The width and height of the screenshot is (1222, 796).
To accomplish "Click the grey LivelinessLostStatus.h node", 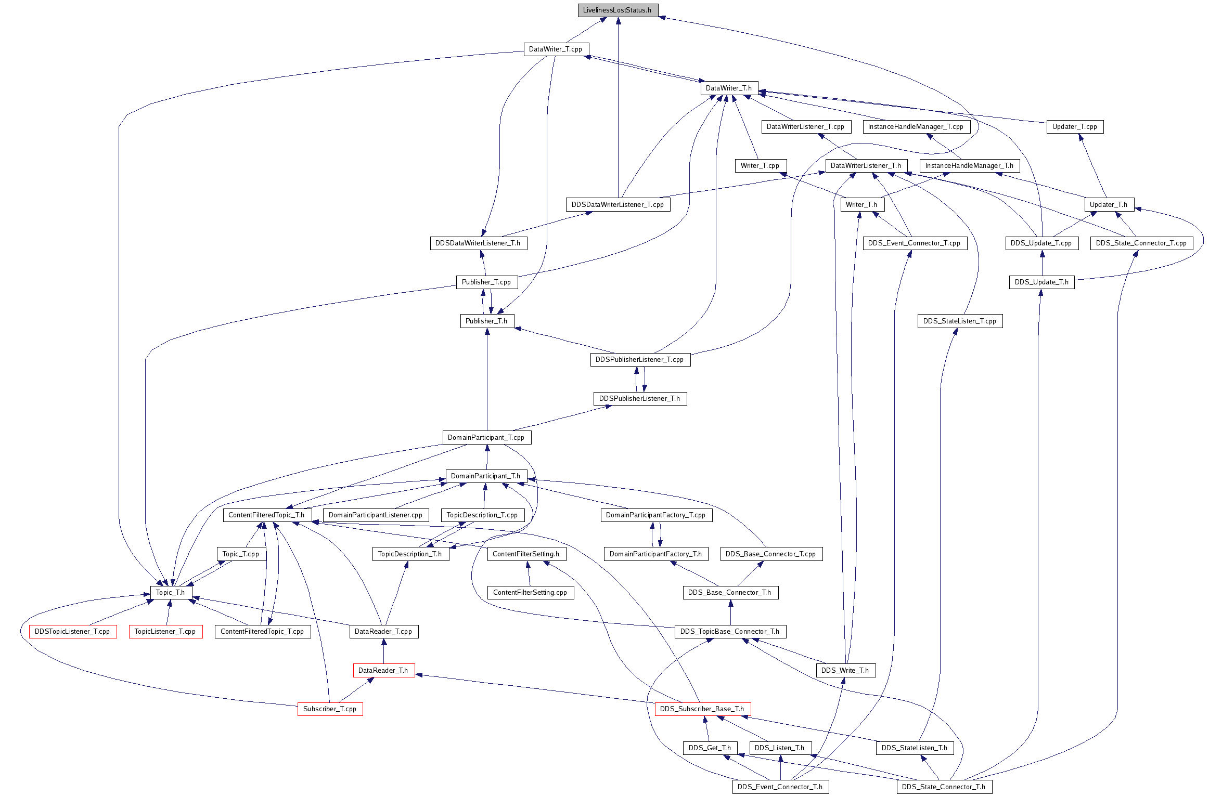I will point(618,10).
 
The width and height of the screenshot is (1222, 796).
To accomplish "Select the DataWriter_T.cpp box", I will point(556,49).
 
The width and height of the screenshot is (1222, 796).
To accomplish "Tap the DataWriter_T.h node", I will point(728,88).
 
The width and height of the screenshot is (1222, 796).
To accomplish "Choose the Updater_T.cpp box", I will point(1074,127).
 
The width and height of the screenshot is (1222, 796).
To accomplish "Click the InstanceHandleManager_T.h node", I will point(969,166).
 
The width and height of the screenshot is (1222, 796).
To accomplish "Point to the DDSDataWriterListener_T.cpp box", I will point(618,205).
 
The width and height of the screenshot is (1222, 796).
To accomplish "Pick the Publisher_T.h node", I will point(486,321).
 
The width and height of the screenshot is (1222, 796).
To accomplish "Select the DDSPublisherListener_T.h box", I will point(639,399).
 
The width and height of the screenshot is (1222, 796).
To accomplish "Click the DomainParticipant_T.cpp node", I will point(486,438).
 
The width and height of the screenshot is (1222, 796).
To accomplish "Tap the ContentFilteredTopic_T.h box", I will point(266,515).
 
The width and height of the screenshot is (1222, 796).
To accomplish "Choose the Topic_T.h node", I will point(171,593).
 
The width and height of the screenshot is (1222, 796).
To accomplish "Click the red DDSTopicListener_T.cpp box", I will point(72,632).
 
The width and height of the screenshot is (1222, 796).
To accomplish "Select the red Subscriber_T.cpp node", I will point(330,709).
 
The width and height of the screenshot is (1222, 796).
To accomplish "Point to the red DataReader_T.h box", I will point(383,671).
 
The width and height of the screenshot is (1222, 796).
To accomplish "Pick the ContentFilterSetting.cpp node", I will point(530,593).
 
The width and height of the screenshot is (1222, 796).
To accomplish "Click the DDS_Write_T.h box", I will point(845,671).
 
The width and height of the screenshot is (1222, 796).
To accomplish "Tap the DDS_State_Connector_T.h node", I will point(944,787).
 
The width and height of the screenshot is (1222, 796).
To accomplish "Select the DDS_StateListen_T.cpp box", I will point(960,321).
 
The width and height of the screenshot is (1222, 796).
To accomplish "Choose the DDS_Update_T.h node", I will point(1041,282).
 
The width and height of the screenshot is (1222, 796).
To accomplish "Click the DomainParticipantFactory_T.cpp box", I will point(655,515).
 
